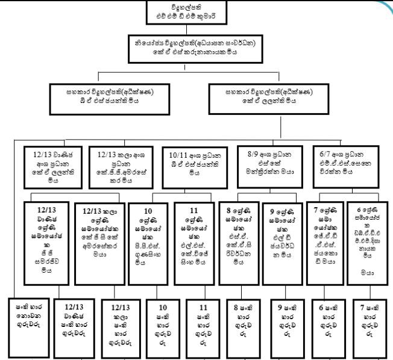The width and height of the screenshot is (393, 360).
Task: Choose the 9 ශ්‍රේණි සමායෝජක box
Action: pos(282,226)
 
